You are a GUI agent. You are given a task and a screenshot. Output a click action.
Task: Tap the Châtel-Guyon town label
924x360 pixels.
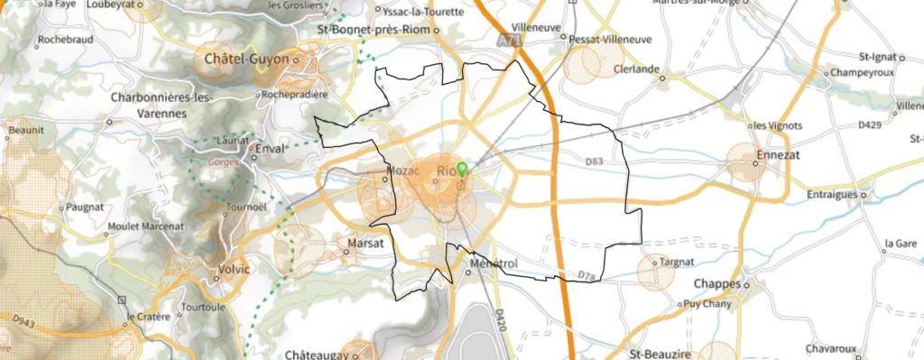click(x=246, y=60)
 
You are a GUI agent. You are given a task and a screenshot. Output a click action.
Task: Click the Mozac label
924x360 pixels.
click(x=403, y=171)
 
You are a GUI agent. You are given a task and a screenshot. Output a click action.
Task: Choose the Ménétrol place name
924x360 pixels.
click(x=494, y=264)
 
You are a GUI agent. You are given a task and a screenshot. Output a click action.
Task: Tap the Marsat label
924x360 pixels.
click(x=365, y=243)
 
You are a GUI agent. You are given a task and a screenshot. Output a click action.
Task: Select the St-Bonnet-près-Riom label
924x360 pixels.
click(x=371, y=32)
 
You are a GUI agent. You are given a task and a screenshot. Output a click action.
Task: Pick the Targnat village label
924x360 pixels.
click(x=676, y=261)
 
